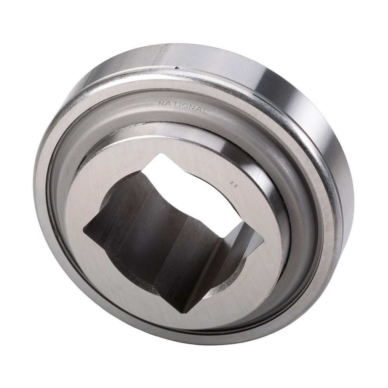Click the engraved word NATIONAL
[182, 107]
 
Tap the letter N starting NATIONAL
[161, 103]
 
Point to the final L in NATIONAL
[203, 111]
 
